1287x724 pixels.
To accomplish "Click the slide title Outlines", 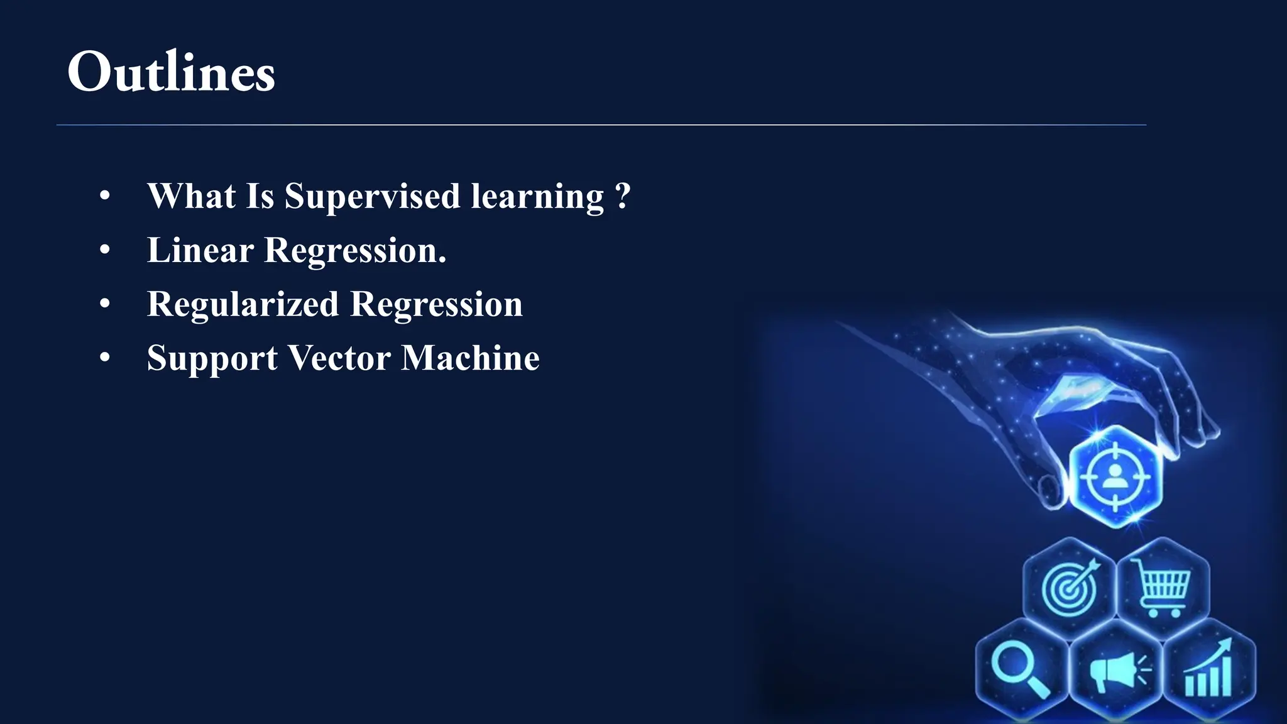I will point(171,72).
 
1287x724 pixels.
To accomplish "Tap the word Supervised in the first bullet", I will point(373,196).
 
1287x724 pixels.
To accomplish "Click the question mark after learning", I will point(622,196).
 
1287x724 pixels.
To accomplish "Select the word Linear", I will point(200,250).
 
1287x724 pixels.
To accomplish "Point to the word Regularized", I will point(243,304).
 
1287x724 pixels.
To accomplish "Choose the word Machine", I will point(470,358).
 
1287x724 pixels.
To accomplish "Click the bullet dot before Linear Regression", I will point(105,250).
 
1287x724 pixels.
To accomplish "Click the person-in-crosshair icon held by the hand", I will point(1115,477).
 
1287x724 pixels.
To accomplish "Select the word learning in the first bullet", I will point(537,196).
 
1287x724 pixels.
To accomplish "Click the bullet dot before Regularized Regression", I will point(105,304).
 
